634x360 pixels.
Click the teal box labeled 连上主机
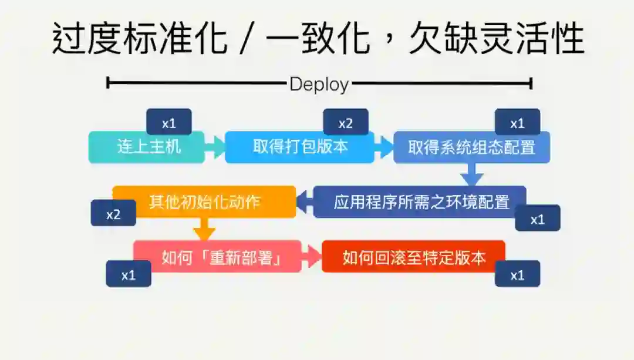pos(147,147)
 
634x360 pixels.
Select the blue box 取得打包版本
pos(299,147)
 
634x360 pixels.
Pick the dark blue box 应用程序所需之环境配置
pos(420,202)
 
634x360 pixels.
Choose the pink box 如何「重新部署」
pos(217,257)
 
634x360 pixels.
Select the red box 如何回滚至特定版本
pos(413,257)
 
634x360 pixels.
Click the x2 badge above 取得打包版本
pos(346,123)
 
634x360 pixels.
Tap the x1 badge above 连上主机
pos(169,123)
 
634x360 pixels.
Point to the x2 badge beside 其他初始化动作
pos(113,213)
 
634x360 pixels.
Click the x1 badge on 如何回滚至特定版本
pos(517,274)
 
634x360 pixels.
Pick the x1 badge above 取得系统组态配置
pos(517,123)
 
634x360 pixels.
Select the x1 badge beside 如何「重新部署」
pos(129,274)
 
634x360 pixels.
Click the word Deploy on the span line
pos(319,84)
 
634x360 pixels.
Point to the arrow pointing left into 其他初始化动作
pos(305,202)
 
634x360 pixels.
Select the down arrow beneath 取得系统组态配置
pos(471,174)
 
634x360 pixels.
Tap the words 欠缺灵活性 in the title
pos(496,39)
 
